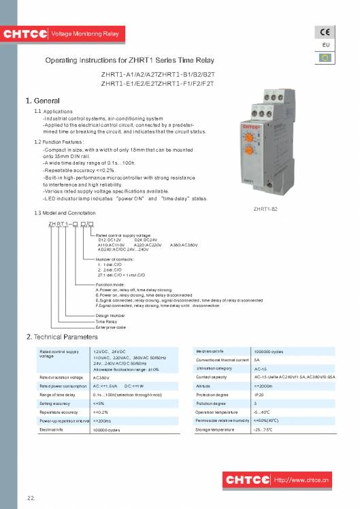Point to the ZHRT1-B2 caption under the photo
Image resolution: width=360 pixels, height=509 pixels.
264,208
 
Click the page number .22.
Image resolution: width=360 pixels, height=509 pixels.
30,499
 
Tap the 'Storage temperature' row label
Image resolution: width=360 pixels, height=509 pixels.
215,430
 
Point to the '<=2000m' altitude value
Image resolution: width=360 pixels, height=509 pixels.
263,386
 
